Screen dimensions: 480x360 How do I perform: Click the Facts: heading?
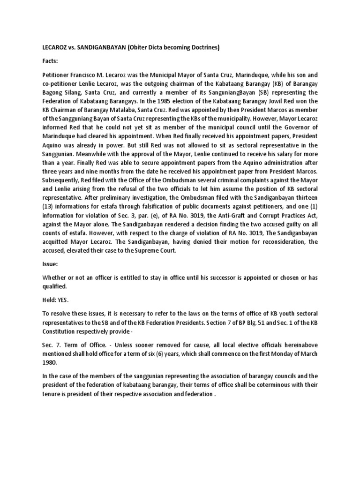point(50,61)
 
